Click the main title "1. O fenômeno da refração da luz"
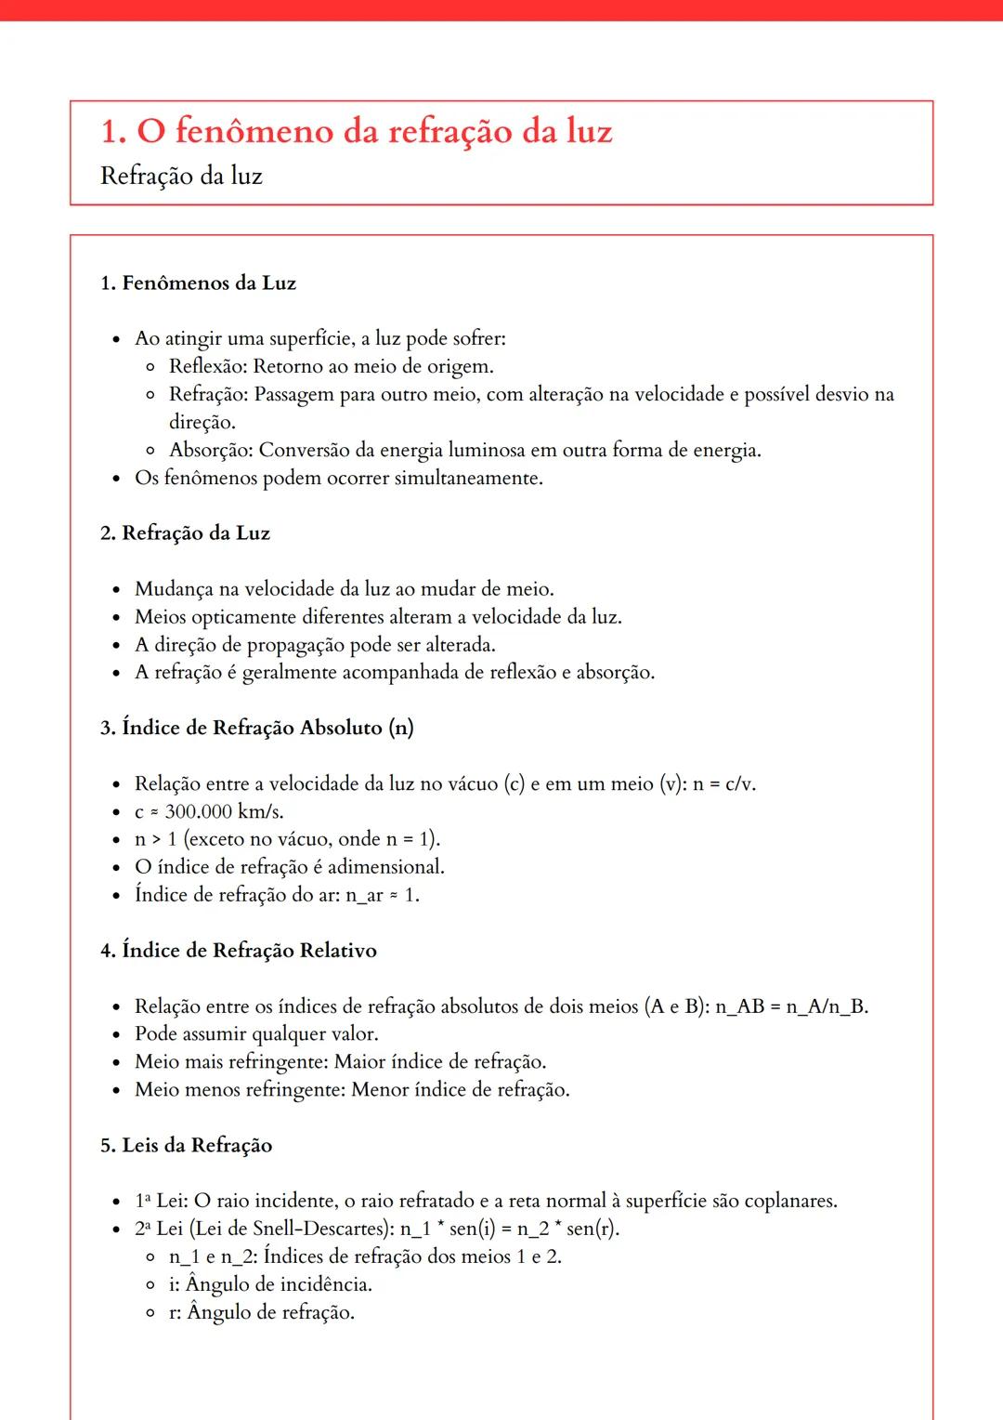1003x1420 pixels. point(357,132)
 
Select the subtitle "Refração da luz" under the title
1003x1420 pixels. point(181,176)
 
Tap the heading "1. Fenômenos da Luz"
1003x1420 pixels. point(198,283)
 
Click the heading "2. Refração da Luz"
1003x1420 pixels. point(185,533)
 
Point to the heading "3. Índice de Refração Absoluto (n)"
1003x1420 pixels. point(256,728)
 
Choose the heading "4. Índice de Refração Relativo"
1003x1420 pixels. point(239,951)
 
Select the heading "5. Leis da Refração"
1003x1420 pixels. point(186,1145)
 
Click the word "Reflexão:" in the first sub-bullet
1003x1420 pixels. point(208,366)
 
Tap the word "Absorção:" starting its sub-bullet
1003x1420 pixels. point(211,450)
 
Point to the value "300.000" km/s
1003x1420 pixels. point(198,811)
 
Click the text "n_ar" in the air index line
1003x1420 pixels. point(364,895)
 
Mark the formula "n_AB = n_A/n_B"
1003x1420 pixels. point(791,1006)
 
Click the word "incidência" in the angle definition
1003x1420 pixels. point(325,1284)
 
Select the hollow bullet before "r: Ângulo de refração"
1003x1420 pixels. point(150,1312)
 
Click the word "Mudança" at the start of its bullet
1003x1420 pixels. point(174,589)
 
